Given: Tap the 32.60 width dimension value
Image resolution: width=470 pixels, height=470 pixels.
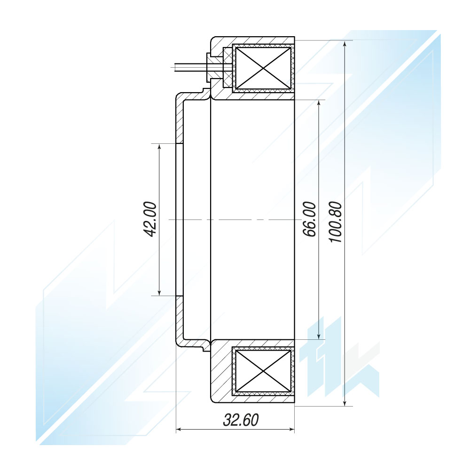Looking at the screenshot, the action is [x=241, y=420].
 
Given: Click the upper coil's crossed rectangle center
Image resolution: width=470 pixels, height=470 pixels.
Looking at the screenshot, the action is [x=263, y=68].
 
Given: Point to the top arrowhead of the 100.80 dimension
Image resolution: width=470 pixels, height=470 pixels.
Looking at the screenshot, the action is [x=345, y=44].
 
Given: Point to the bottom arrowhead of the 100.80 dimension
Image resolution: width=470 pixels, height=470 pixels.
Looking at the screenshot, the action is [x=345, y=402].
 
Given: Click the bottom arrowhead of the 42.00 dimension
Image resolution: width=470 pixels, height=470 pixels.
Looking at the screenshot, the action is [x=159, y=292].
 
